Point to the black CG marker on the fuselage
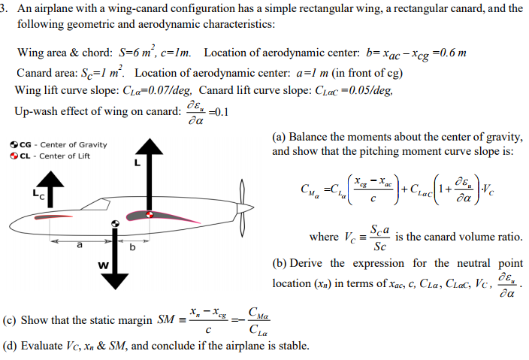tap(115, 223)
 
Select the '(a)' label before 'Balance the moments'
tap(280, 138)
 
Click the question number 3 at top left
tap(4, 8)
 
